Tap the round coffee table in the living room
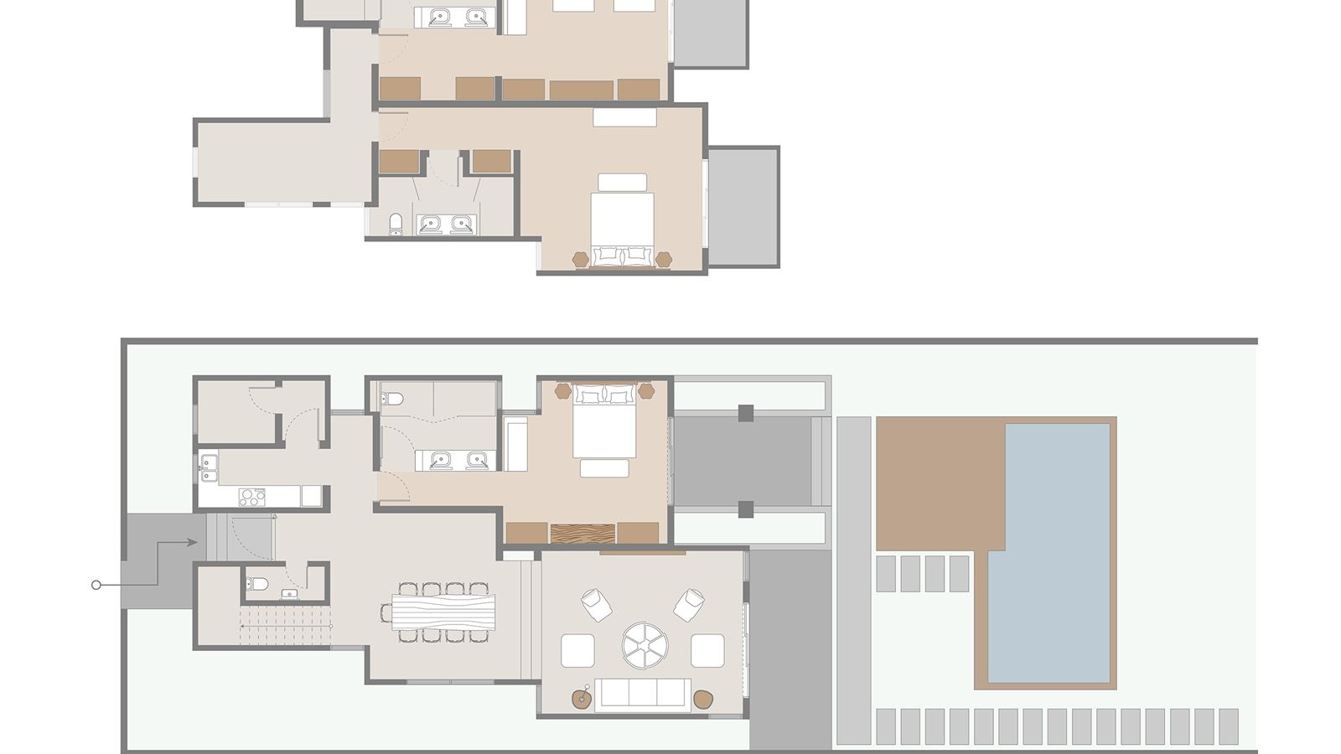pos(645,645)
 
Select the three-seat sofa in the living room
pos(642,694)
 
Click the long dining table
pos(443,612)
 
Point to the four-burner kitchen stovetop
pos(251,497)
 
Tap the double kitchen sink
pos(208,467)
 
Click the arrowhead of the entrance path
pos(193,543)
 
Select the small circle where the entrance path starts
pos(96,585)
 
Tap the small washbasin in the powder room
pos(288,594)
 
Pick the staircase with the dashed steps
pos(285,627)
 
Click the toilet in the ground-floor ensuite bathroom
pos(392,398)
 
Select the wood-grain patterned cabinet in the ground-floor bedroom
pos(582,534)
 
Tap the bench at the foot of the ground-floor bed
pos(603,468)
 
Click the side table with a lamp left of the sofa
pos(582,697)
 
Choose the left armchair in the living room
pos(596,604)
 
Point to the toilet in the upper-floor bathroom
pos(396,223)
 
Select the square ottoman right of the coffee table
pos(707,650)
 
